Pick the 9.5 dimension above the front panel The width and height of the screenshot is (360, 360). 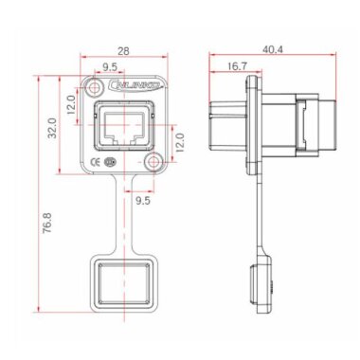tap(110, 68)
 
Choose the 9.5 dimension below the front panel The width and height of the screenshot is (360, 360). tap(142, 201)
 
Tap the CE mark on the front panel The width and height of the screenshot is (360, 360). tap(97, 162)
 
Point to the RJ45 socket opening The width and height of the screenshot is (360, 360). tap(123, 128)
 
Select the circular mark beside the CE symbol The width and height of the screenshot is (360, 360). tap(112, 162)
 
